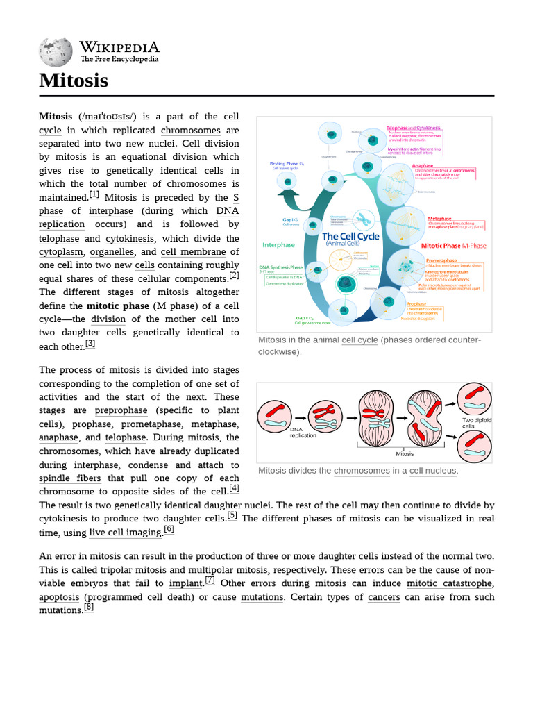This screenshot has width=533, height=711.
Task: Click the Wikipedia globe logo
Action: pyautogui.click(x=57, y=52)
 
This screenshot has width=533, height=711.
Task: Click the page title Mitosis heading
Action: pyautogui.click(x=74, y=81)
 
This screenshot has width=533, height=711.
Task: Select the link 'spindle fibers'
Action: pyautogui.click(x=70, y=478)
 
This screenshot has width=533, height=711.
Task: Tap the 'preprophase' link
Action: pyautogui.click(x=121, y=410)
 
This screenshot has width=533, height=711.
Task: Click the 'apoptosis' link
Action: pyautogui.click(x=59, y=597)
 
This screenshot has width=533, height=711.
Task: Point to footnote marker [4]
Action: pyautogui.click(x=234, y=488)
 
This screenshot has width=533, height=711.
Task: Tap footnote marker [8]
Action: pyautogui.click(x=88, y=607)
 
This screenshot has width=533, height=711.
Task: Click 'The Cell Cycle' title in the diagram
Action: pyautogui.click(x=350, y=237)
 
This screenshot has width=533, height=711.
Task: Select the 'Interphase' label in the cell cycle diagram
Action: pyautogui.click(x=278, y=245)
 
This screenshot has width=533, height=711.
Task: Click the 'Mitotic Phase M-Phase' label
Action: pyautogui.click(x=454, y=246)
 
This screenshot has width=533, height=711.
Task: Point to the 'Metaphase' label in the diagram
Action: pyautogui.click(x=439, y=219)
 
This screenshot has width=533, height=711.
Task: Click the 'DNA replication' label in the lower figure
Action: pyautogui.click(x=303, y=432)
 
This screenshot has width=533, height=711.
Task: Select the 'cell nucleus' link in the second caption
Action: pyautogui.click(x=432, y=471)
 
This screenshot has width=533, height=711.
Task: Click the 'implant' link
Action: pyautogui.click(x=185, y=583)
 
